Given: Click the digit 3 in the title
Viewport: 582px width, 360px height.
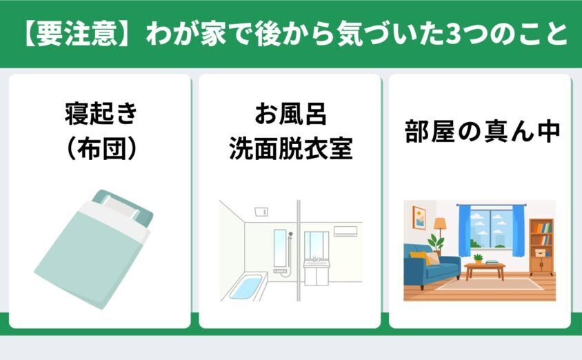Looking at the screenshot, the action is click(x=453, y=34).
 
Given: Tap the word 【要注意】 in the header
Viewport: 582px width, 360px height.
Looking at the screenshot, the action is click(x=77, y=34).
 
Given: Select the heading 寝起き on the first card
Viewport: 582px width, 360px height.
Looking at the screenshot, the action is click(x=101, y=113).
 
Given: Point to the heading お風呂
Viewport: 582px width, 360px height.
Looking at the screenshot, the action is click(x=290, y=113).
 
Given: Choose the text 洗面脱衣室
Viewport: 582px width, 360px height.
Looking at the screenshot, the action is click(x=290, y=148).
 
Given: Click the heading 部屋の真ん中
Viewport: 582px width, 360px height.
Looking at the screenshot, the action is click(x=482, y=131).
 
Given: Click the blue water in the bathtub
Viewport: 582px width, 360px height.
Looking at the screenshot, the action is click(x=246, y=286).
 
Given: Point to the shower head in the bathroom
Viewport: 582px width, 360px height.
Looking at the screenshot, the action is click(x=290, y=234).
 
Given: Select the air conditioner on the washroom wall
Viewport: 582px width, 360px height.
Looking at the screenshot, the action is click(x=345, y=231).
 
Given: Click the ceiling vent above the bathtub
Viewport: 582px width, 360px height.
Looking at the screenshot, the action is click(x=261, y=212).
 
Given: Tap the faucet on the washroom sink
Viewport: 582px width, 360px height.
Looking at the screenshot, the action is click(x=316, y=259).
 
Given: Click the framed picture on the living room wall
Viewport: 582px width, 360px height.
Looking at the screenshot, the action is click(x=419, y=218).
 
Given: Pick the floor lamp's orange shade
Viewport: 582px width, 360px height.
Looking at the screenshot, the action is click(x=440, y=223).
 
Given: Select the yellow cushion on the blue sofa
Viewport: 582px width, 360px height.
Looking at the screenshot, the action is click(x=419, y=257).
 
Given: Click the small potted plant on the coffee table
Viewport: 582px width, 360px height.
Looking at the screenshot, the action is click(x=478, y=259).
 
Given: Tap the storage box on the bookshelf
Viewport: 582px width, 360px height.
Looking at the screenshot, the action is click(x=540, y=252).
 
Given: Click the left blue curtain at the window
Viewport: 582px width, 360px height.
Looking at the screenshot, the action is click(x=465, y=230).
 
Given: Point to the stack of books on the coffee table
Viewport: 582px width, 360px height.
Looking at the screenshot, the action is click(x=492, y=262).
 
